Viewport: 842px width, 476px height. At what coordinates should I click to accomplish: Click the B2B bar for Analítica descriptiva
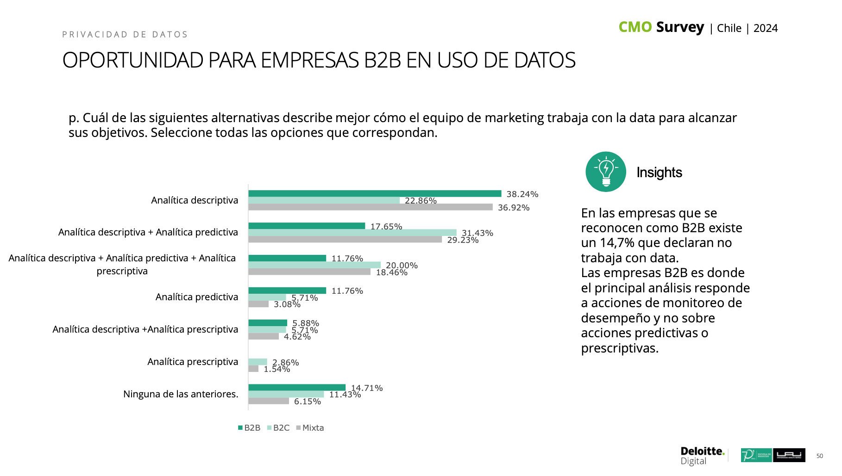point(374,193)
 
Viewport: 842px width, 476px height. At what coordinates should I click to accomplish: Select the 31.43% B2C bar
point(352,233)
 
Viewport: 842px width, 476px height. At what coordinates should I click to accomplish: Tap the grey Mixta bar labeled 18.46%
point(309,272)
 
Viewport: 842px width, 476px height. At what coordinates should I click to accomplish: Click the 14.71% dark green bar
point(296,388)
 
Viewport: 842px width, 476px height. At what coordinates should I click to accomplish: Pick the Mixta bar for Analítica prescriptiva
point(253,369)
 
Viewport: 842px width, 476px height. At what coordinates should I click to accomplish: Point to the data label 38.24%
point(522,194)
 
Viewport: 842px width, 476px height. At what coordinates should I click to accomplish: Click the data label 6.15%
point(307,402)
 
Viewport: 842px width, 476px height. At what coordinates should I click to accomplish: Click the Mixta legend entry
point(310,428)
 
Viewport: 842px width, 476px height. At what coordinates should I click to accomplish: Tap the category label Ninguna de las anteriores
point(181,394)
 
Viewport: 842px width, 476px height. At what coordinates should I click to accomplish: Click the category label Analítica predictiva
point(196,297)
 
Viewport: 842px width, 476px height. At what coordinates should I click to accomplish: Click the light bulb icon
point(605,172)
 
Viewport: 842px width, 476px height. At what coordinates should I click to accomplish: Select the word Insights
point(659,173)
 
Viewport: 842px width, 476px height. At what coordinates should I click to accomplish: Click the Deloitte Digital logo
point(702,456)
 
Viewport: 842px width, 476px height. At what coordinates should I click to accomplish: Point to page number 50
point(819,456)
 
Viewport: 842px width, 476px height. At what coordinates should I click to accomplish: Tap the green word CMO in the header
point(635,27)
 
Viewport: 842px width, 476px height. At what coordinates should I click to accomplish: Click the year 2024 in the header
point(765,28)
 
